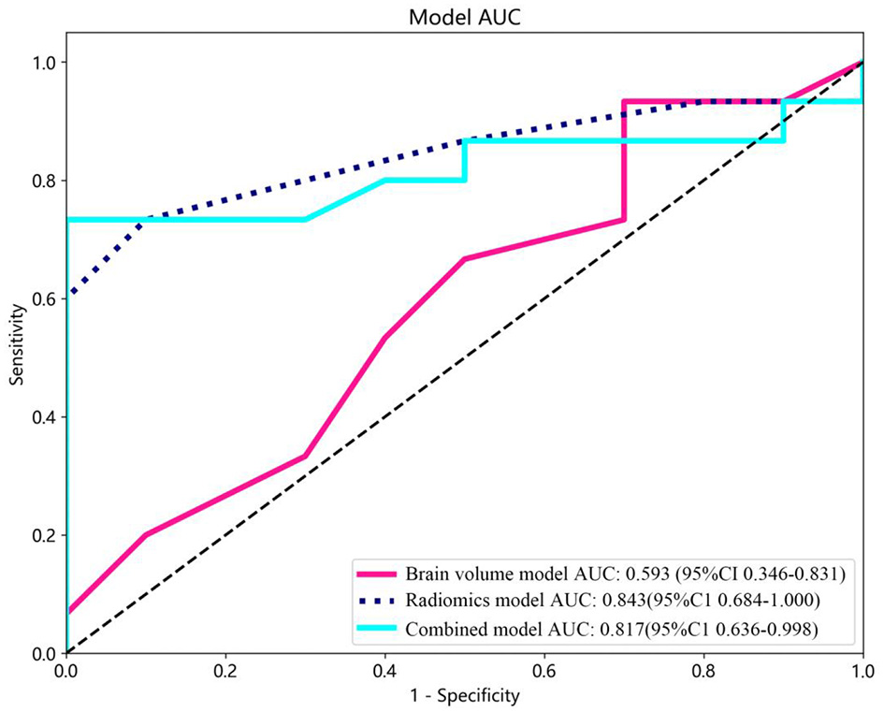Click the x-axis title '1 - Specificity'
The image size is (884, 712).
[x=464, y=696]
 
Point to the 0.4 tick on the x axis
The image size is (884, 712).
[x=384, y=654]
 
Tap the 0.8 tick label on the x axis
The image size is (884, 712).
[x=703, y=671]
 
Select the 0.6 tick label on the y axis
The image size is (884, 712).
[x=44, y=298]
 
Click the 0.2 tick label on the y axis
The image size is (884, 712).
[x=44, y=535]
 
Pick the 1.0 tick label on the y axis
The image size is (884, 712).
[x=44, y=63]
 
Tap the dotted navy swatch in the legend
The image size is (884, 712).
[x=377, y=600]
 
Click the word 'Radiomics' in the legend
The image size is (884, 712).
[x=445, y=600]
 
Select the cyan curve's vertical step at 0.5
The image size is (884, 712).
[x=465, y=160]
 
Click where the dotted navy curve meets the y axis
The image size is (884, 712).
[x=67, y=297]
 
